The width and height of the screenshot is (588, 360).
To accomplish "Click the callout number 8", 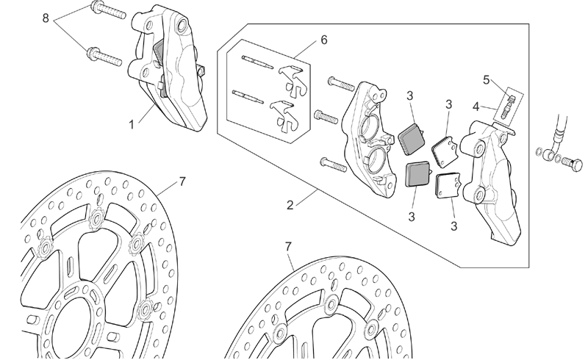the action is point(46,18).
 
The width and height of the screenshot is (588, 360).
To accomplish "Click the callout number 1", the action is point(132,124).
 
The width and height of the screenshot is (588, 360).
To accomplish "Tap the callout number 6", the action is point(324,40).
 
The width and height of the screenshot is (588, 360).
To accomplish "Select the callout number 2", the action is point(290,205).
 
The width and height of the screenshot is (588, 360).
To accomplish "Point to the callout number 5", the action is point(486,80).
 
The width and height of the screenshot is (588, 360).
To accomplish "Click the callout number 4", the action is point(476,107).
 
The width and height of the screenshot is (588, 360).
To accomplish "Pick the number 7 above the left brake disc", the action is point(182,181).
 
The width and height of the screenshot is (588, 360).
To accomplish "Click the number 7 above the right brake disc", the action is point(288,246).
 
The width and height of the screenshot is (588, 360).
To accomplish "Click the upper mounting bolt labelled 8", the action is point(108,10).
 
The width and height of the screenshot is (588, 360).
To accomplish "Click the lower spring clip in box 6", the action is point(285,116).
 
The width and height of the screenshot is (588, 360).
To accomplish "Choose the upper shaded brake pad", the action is point(412,138).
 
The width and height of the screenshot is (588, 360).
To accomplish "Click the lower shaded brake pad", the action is point(419,174).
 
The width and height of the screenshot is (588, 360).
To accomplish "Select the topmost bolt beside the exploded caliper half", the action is point(341,83).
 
